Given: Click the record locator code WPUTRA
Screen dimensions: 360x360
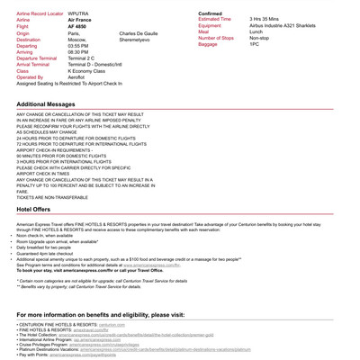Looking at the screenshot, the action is pyautogui.click(x=78, y=13).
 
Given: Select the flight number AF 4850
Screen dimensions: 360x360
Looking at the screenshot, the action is pyautogui.click(x=77, y=27).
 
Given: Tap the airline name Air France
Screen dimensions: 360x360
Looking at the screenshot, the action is pyautogui.click(x=80, y=20).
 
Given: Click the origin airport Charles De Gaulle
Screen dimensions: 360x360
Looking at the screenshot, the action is pyautogui.click(x=138, y=33).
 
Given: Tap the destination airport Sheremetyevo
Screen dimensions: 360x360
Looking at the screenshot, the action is pyautogui.click(x=136, y=40).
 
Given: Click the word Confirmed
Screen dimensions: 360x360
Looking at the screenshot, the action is pyautogui.click(x=210, y=13).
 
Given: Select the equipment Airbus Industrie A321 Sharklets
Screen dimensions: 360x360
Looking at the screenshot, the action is pyautogui.click(x=288, y=25).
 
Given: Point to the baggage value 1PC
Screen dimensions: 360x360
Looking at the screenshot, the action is pyautogui.click(x=255, y=44).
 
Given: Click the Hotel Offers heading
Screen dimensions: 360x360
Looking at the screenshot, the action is pyautogui.click(x=34, y=209).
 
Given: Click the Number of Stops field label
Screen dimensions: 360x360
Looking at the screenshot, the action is pyautogui.click(x=216, y=38).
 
